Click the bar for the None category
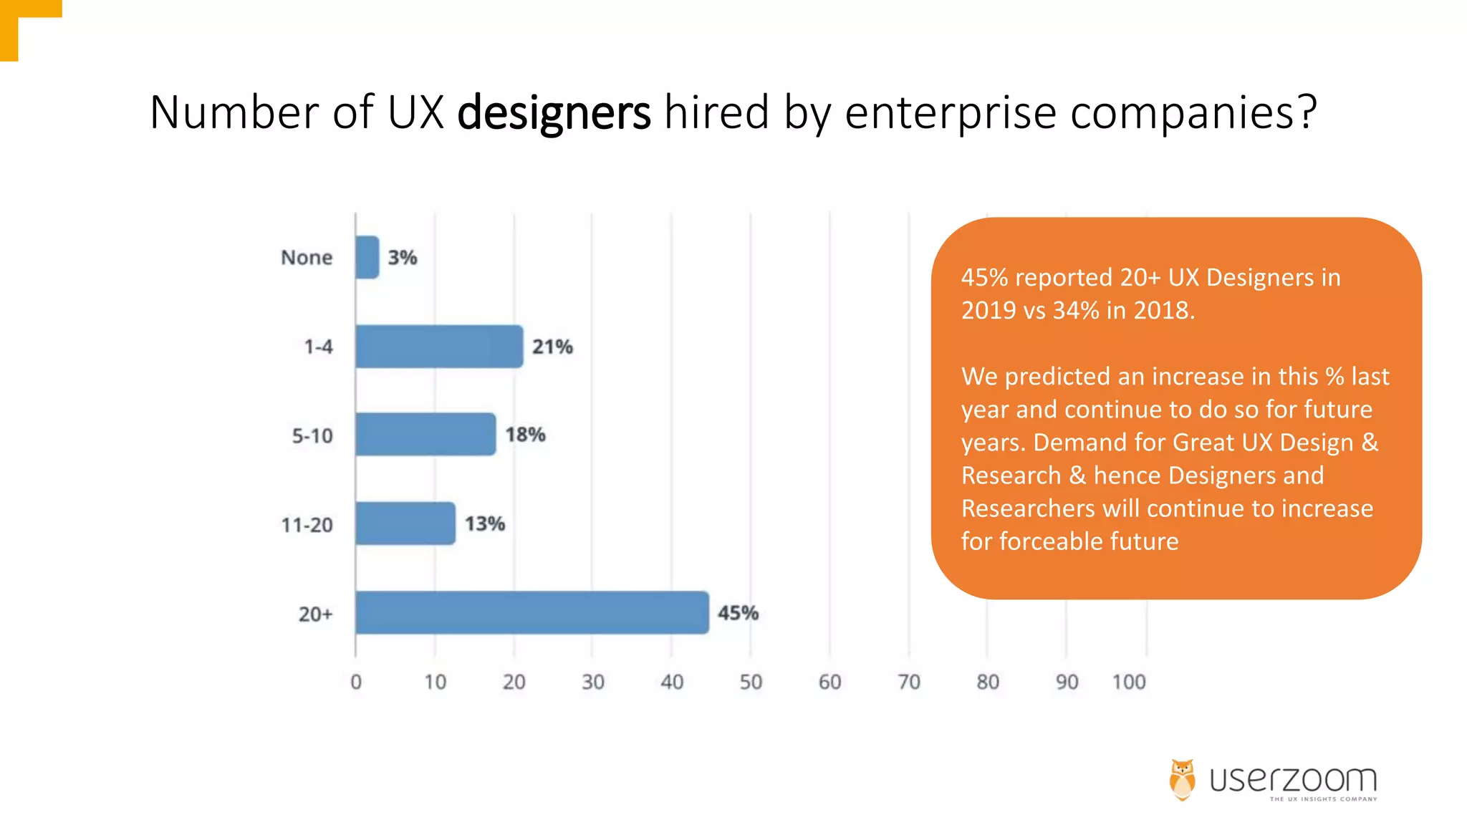tap(367, 257)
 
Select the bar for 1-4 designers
tap(439, 347)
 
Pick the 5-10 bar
tap(425, 434)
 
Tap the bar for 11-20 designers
tap(405, 524)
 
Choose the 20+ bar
tap(532, 613)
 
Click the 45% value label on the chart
tap(738, 613)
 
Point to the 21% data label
tap(552, 347)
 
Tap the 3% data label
tap(403, 257)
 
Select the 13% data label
tap(485, 524)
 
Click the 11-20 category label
tap(307, 525)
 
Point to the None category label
tap(307, 257)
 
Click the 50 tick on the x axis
tap(751, 682)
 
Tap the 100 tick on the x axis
tap(1129, 682)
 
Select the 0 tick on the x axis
tap(356, 682)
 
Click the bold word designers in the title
tap(554, 112)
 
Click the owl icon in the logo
tap(1183, 779)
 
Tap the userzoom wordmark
tap(1293, 780)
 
